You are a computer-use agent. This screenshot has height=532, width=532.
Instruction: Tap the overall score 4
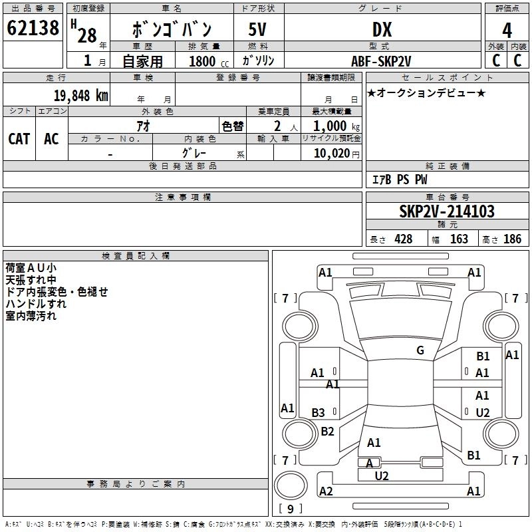pos(507,29)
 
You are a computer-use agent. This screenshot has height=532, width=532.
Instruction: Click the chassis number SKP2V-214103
pos(447,211)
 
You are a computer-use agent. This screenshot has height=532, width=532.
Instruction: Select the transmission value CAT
pos(19,138)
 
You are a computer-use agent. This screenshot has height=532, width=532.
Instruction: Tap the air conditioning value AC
pos(51,138)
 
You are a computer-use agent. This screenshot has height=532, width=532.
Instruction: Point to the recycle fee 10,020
pos(331,154)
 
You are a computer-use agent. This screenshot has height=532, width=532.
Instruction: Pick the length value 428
pos(403,239)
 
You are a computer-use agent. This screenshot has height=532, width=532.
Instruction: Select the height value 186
pos(512,239)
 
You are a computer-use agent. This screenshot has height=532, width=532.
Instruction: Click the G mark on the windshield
pos(420,350)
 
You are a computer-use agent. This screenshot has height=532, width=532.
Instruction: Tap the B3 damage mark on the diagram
pos(319,413)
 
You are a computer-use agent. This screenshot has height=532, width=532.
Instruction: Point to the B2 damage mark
pos(327,432)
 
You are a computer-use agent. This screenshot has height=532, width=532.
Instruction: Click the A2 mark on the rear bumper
pos(326,491)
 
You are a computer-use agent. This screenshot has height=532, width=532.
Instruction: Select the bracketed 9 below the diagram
pos(289,509)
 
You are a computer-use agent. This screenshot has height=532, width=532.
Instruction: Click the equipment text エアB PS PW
pos(399,180)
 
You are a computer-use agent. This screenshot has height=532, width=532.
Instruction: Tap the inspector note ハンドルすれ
pos(36,304)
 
